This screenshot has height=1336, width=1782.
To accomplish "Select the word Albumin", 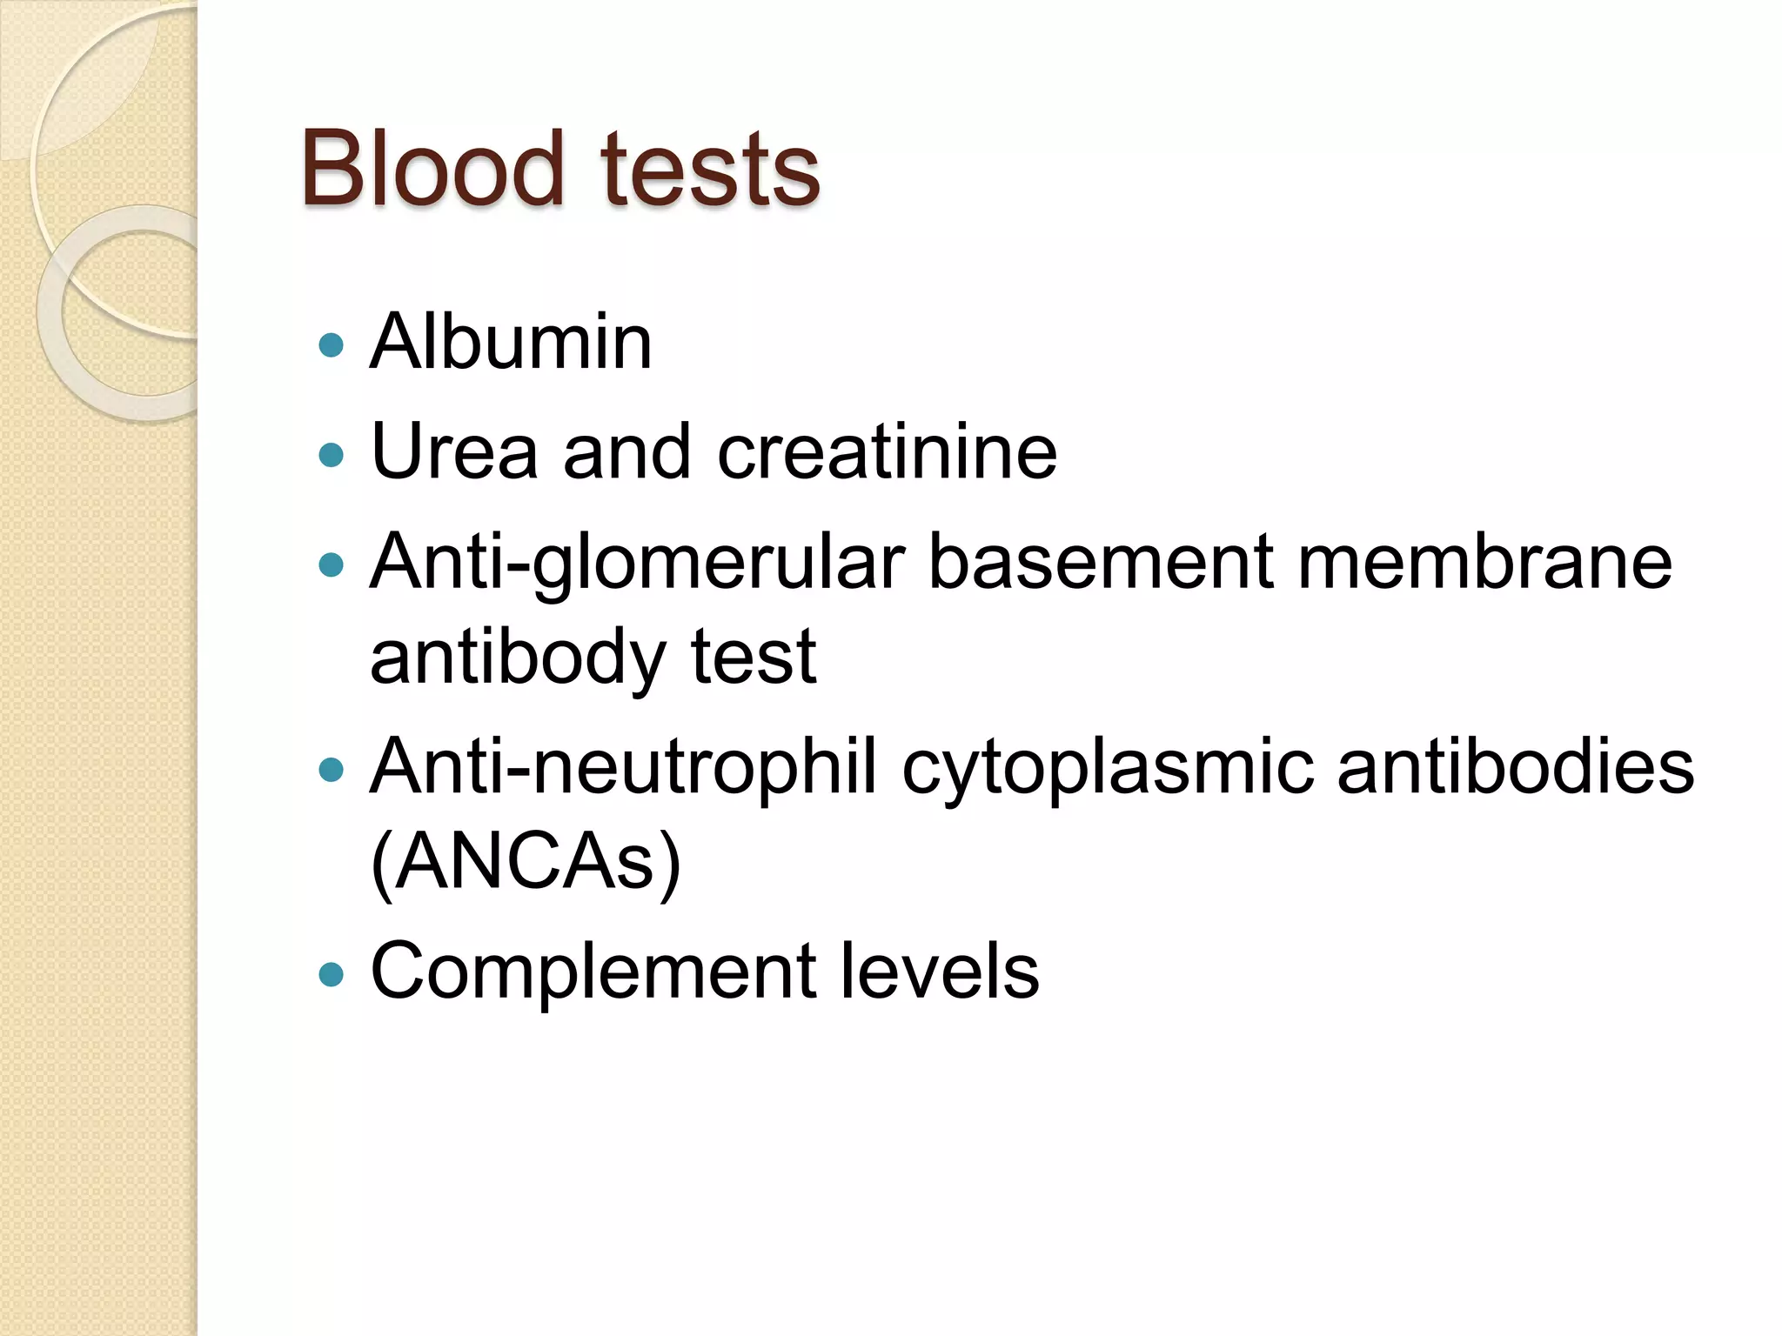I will pos(511,342).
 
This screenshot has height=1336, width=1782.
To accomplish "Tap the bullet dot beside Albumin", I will pos(331,345).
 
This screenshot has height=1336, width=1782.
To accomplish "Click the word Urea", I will pos(454,452).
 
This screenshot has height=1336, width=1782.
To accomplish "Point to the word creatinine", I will pos(887,452).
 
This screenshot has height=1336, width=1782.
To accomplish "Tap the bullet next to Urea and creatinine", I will pos(331,455).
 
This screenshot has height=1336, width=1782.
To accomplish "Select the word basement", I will pos(1101,564).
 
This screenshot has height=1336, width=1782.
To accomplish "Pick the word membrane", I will pos(1484,564).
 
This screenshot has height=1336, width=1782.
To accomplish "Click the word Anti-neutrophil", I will pos(623,767).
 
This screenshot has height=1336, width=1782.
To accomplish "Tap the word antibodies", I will pos(1515,767).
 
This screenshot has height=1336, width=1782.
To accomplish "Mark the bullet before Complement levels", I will pos(331,974).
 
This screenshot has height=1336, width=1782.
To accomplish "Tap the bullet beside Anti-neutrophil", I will pos(331,770).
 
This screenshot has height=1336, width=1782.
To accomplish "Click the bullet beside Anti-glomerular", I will pos(331,566).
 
